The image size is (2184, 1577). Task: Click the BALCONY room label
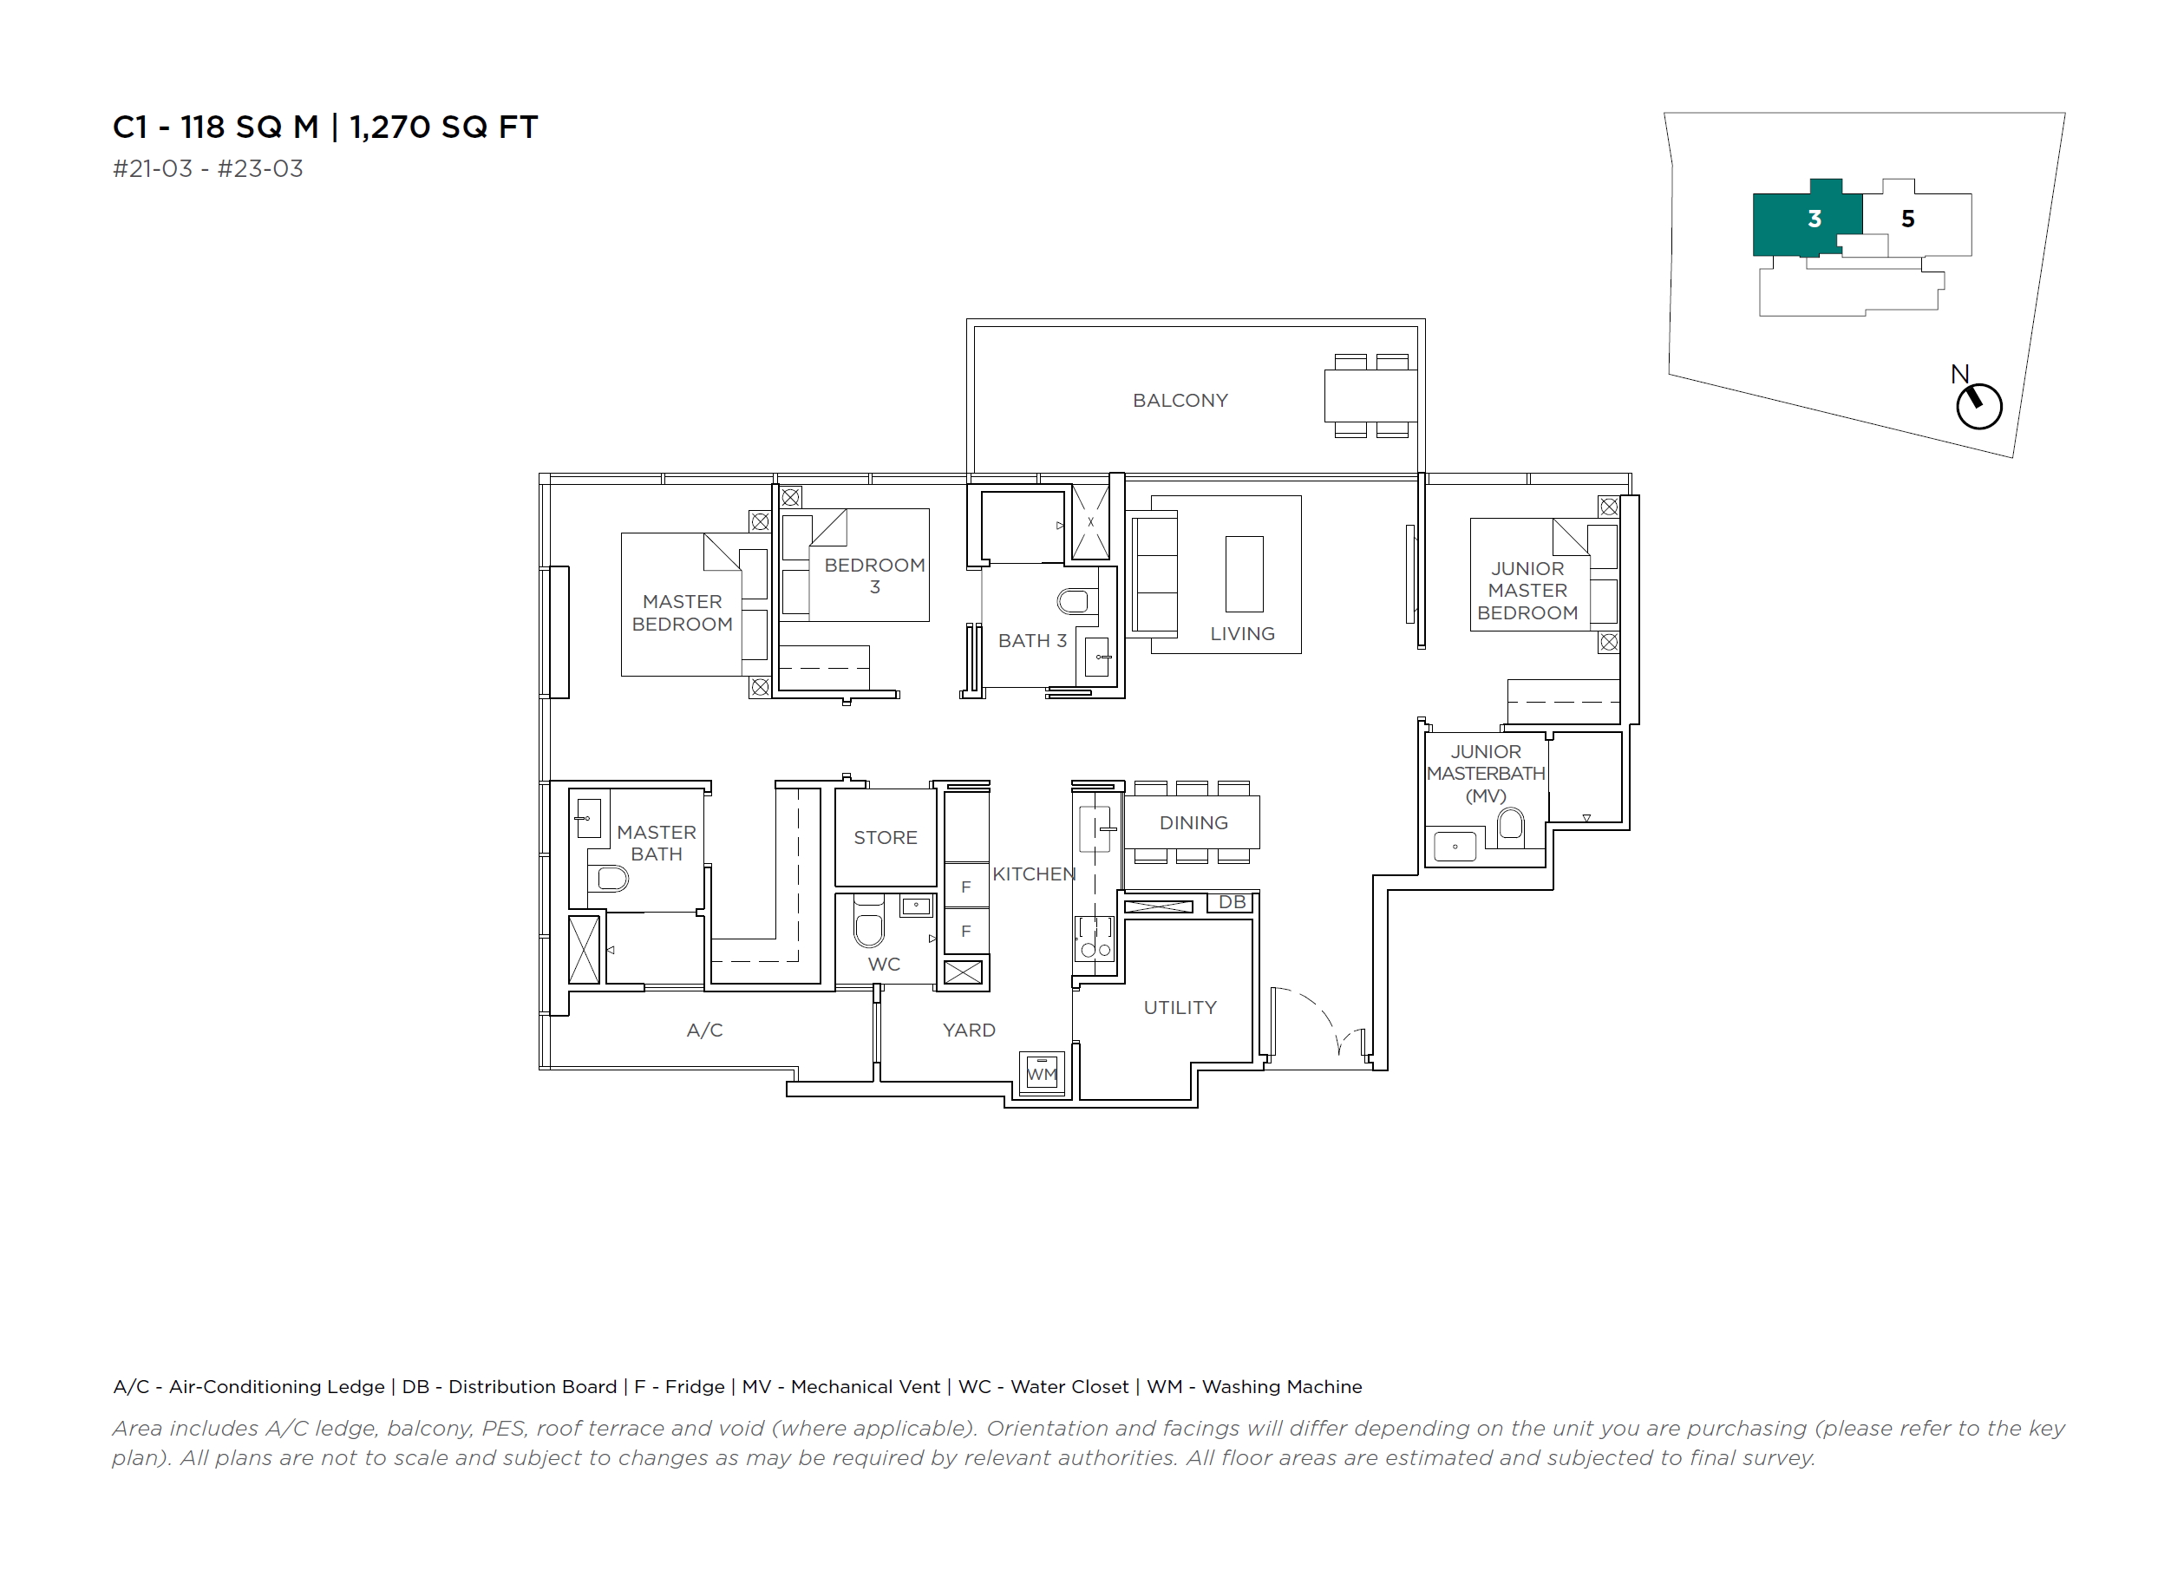click(1180, 400)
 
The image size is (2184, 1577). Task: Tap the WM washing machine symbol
click(1042, 1071)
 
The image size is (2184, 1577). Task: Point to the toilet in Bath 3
click(1076, 602)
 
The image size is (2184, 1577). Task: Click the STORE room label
click(885, 837)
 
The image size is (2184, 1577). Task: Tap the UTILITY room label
click(1180, 1007)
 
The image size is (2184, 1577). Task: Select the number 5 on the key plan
click(1907, 219)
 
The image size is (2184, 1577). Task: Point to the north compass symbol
click(1979, 404)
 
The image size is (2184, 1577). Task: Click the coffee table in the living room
click(1244, 574)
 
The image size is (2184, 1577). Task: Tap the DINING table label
click(1193, 822)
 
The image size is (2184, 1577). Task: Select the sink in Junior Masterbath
click(1455, 847)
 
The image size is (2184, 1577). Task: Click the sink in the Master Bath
click(588, 818)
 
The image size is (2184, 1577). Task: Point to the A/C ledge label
click(704, 1030)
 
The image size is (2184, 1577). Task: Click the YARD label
click(969, 1030)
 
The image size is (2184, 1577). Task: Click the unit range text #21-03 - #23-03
click(208, 168)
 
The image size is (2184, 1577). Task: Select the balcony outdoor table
click(1370, 396)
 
